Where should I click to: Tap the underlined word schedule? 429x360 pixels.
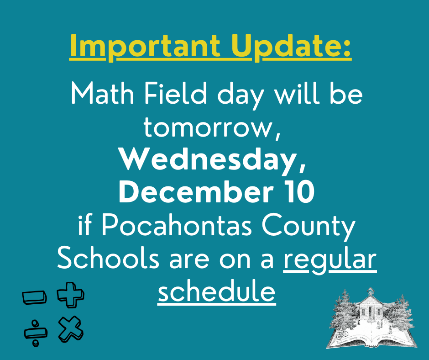216,291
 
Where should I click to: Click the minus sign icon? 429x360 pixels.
34,297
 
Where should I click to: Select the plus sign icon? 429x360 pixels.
70,295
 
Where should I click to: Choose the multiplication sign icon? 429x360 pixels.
70,328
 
